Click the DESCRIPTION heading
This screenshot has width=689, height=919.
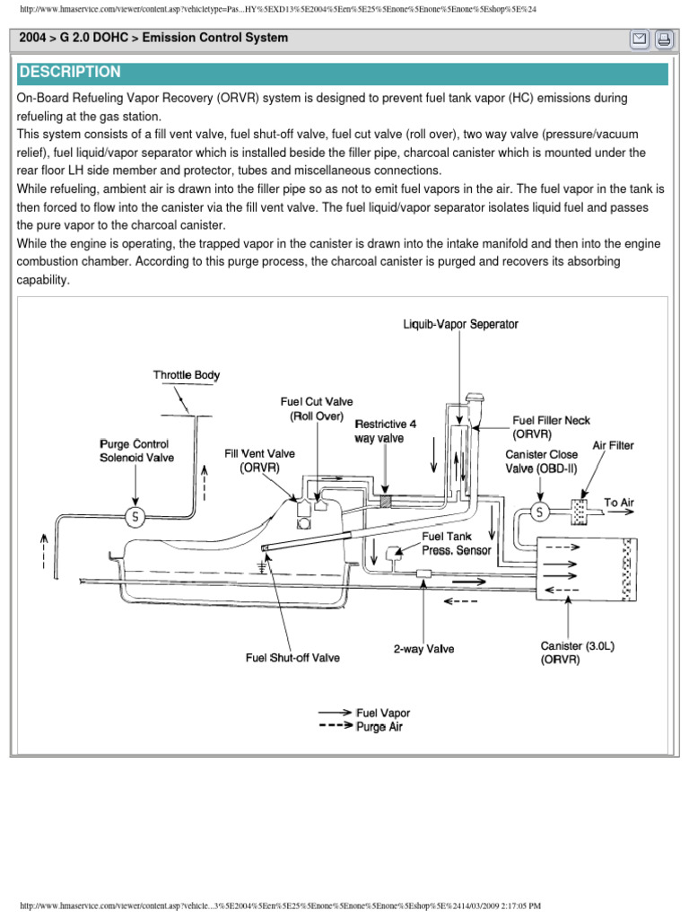point(70,73)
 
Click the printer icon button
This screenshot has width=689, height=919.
point(664,39)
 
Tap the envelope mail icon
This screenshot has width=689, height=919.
point(640,39)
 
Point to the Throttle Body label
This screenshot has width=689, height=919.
point(187,375)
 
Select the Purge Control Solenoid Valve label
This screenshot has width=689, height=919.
point(136,451)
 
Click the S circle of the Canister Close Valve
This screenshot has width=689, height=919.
point(540,512)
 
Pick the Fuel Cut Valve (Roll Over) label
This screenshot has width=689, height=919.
point(317,409)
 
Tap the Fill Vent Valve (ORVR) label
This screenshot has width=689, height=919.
point(259,460)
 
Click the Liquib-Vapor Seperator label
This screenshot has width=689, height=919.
point(460,324)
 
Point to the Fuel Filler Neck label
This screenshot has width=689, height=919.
point(551,427)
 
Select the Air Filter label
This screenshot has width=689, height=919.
point(613,445)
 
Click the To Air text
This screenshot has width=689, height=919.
point(618,503)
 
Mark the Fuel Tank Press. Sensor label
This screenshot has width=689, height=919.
point(457,543)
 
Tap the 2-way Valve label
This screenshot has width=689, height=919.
point(423,648)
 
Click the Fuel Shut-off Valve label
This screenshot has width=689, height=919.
point(292,658)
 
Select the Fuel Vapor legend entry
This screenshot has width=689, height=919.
point(383,713)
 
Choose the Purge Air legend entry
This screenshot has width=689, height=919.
point(379,726)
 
